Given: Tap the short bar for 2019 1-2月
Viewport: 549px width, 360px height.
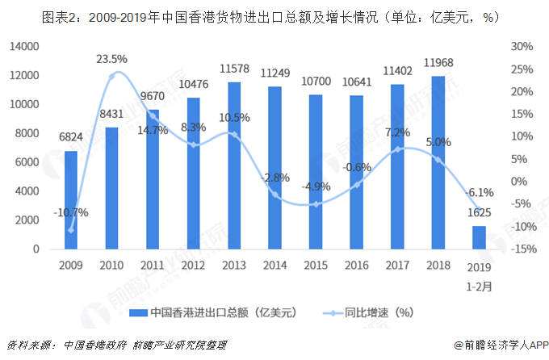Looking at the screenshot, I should coord(480,237).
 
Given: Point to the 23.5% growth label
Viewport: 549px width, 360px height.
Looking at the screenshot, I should coord(113,59).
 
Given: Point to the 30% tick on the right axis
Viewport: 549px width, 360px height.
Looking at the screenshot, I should coord(521,47).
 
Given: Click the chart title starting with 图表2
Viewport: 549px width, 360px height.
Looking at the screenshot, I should coord(274,15).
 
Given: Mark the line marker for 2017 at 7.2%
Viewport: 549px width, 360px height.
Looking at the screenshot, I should coord(398,149).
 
